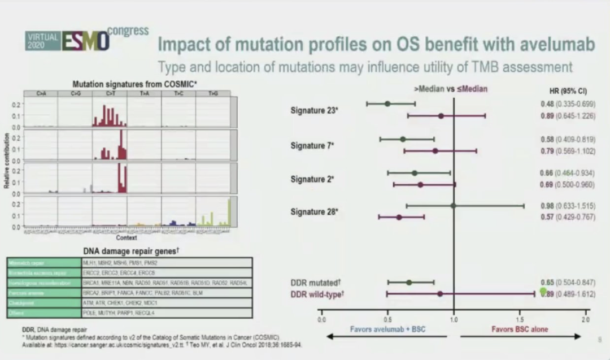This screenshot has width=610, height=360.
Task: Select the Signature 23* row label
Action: tap(314, 110)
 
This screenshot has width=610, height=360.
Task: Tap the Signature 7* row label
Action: tap(312, 145)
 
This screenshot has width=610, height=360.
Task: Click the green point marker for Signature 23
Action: tap(387, 103)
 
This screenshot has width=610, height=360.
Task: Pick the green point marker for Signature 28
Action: tap(453, 206)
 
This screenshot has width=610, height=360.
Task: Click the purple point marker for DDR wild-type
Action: tap(440, 294)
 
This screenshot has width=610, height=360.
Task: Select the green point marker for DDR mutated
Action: tap(409, 282)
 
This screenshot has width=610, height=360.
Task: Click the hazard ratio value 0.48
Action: tap(547, 104)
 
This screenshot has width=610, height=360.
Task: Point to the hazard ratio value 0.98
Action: tap(547, 206)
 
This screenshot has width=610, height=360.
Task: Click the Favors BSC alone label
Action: tap(520, 329)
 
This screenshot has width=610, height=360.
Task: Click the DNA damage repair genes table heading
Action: tap(131, 250)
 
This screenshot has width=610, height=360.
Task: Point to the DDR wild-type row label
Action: tap(317, 294)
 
